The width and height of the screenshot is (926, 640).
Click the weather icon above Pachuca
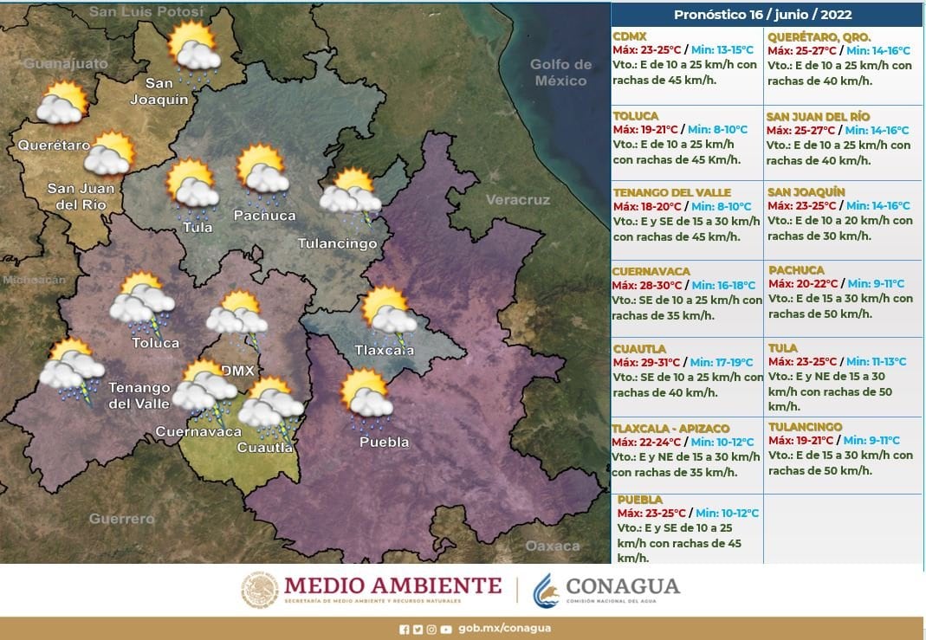click(x=263, y=170)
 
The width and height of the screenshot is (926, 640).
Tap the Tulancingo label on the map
click(x=337, y=243)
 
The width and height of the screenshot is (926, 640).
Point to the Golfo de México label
click(x=561, y=73)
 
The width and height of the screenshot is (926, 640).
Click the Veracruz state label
click(x=517, y=200)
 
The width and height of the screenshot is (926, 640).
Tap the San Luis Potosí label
click(x=146, y=12)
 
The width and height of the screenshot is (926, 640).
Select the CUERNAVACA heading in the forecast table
click(x=651, y=271)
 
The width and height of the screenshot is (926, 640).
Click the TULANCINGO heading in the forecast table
click(x=805, y=427)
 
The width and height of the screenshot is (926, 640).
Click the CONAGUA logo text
click(x=622, y=585)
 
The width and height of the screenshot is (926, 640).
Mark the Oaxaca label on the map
click(x=553, y=546)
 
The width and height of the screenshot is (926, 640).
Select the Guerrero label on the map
click(x=121, y=518)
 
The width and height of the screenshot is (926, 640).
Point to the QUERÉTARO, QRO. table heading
click(x=806, y=36)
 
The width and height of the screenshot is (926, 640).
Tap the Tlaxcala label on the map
click(x=384, y=351)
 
